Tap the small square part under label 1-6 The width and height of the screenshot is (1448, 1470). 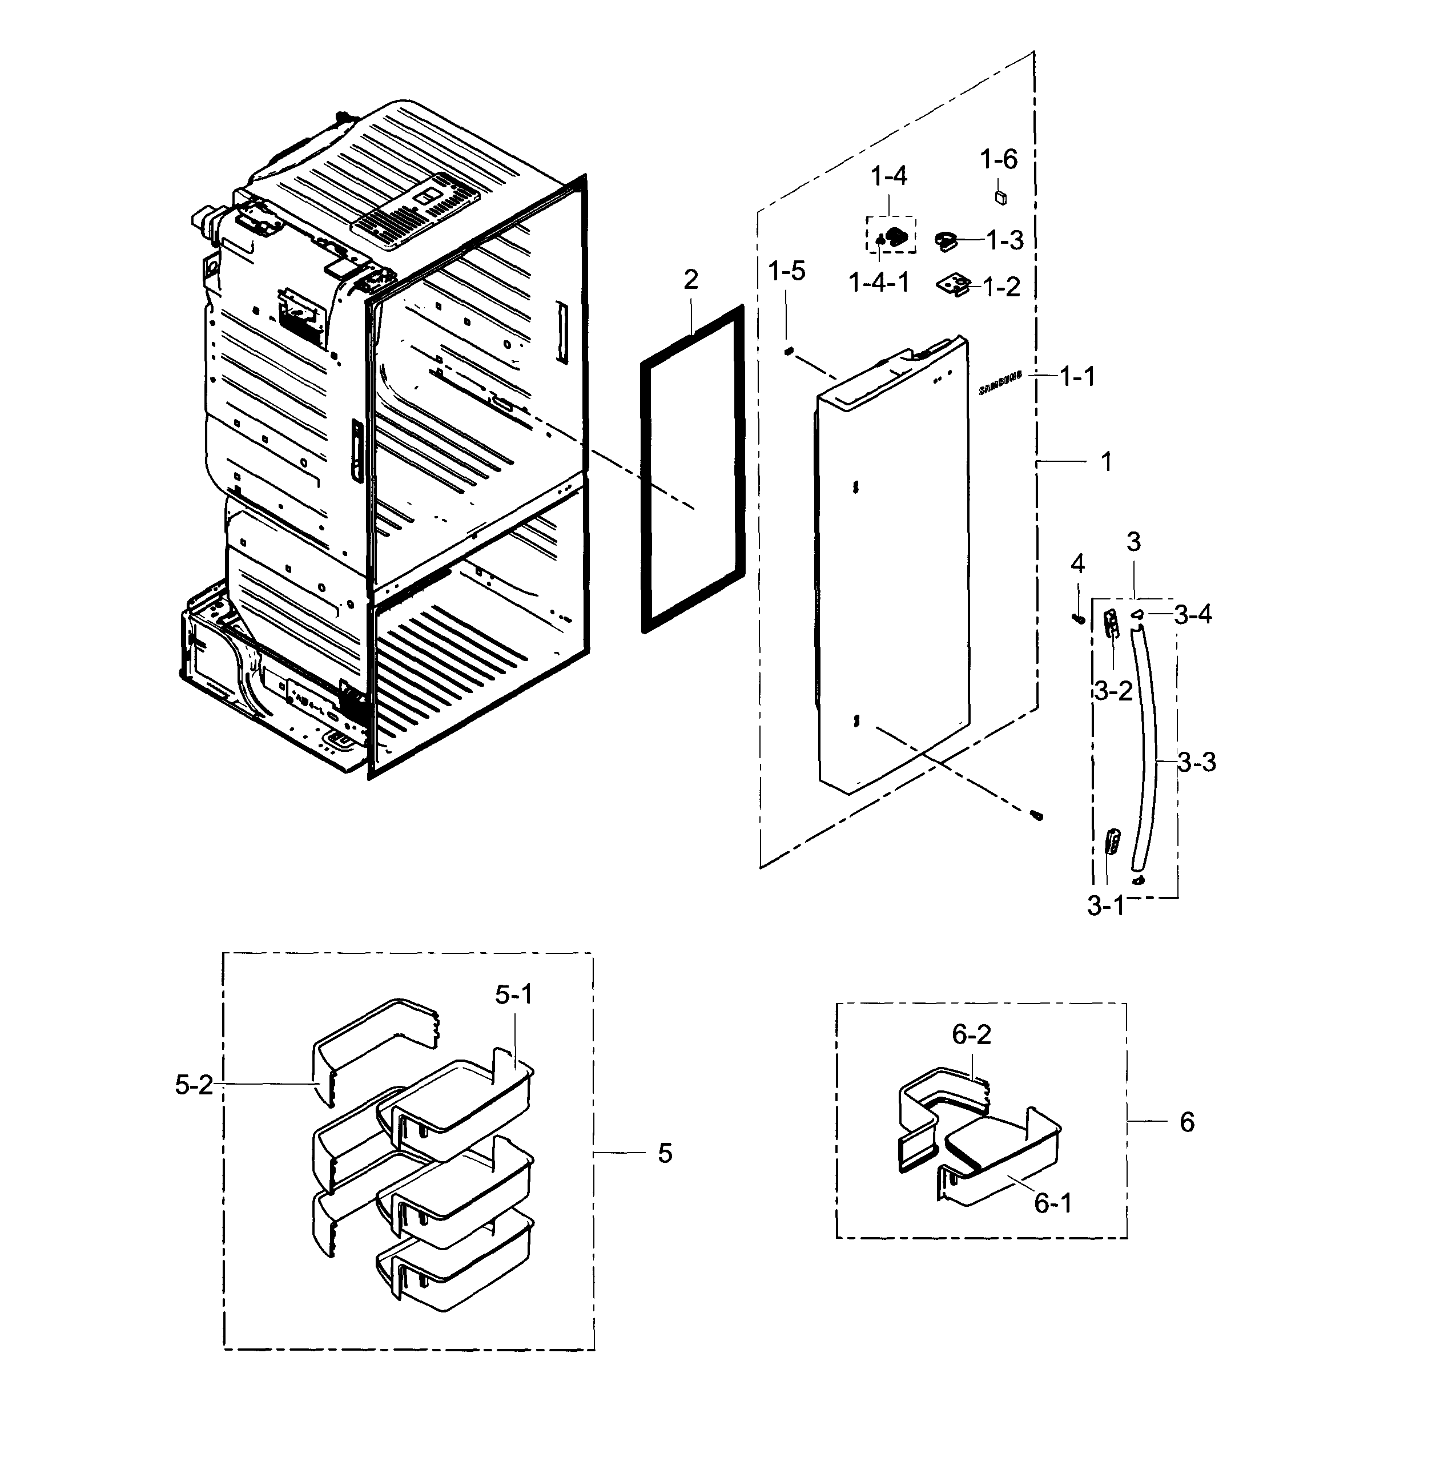click(x=1001, y=197)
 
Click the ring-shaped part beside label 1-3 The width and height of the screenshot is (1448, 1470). click(x=947, y=241)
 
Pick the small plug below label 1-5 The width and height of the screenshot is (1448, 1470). click(x=790, y=351)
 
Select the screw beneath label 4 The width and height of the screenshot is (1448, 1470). click(x=1077, y=619)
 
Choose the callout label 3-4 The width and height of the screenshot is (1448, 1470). click(x=1192, y=614)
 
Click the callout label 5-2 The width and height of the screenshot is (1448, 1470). click(x=194, y=1085)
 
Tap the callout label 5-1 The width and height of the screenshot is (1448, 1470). click(x=514, y=994)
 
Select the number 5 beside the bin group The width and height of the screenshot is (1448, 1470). click(x=665, y=1154)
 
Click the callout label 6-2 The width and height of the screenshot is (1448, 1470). click(x=971, y=1034)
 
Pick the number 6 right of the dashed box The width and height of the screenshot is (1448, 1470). click(x=1186, y=1122)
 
